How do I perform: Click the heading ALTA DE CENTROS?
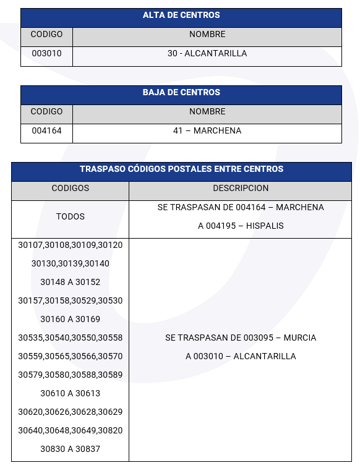[181, 15]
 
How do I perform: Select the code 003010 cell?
[46, 54]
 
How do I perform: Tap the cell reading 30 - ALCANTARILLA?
[207, 54]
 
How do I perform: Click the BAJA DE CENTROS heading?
[181, 93]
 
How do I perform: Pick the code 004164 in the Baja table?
[46, 131]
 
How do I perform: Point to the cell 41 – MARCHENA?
[207, 131]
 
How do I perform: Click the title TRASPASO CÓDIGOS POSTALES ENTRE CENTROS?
[181, 169]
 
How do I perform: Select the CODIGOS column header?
[70, 189]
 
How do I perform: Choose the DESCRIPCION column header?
[241, 189]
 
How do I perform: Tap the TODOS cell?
[70, 217]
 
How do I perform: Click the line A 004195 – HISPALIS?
[241, 226]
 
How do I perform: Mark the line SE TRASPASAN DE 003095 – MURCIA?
[241, 338]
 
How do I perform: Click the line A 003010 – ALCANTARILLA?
[241, 357]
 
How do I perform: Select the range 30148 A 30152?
[70, 283]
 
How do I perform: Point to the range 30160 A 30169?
[70, 320]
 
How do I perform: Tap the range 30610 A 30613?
[70, 394]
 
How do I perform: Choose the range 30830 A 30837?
[70, 449]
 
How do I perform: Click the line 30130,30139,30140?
[70, 264]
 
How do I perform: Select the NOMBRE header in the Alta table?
[207, 35]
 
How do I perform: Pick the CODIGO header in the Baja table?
[46, 112]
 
